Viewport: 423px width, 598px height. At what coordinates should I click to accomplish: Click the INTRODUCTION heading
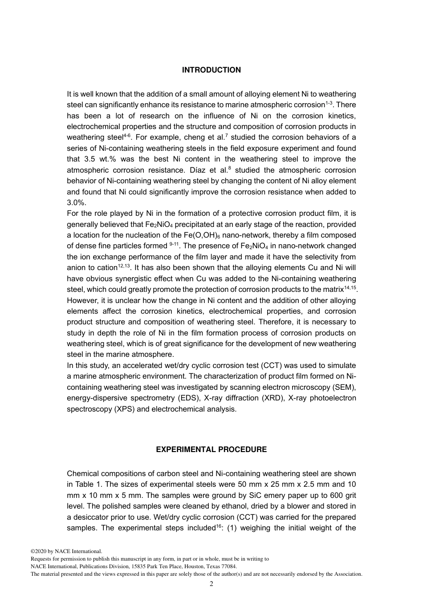pos(211,70)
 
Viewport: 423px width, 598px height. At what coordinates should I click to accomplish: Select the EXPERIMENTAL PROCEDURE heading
pos(211,449)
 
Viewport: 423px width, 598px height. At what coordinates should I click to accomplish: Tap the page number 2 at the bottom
pos(211,584)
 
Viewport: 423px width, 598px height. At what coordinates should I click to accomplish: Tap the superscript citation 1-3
pos(329,103)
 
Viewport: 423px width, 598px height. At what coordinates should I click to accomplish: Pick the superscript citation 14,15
pos(350,287)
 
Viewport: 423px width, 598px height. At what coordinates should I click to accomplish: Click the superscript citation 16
pos(219,526)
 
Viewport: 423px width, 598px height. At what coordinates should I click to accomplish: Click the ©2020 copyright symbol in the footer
pos(33,551)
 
